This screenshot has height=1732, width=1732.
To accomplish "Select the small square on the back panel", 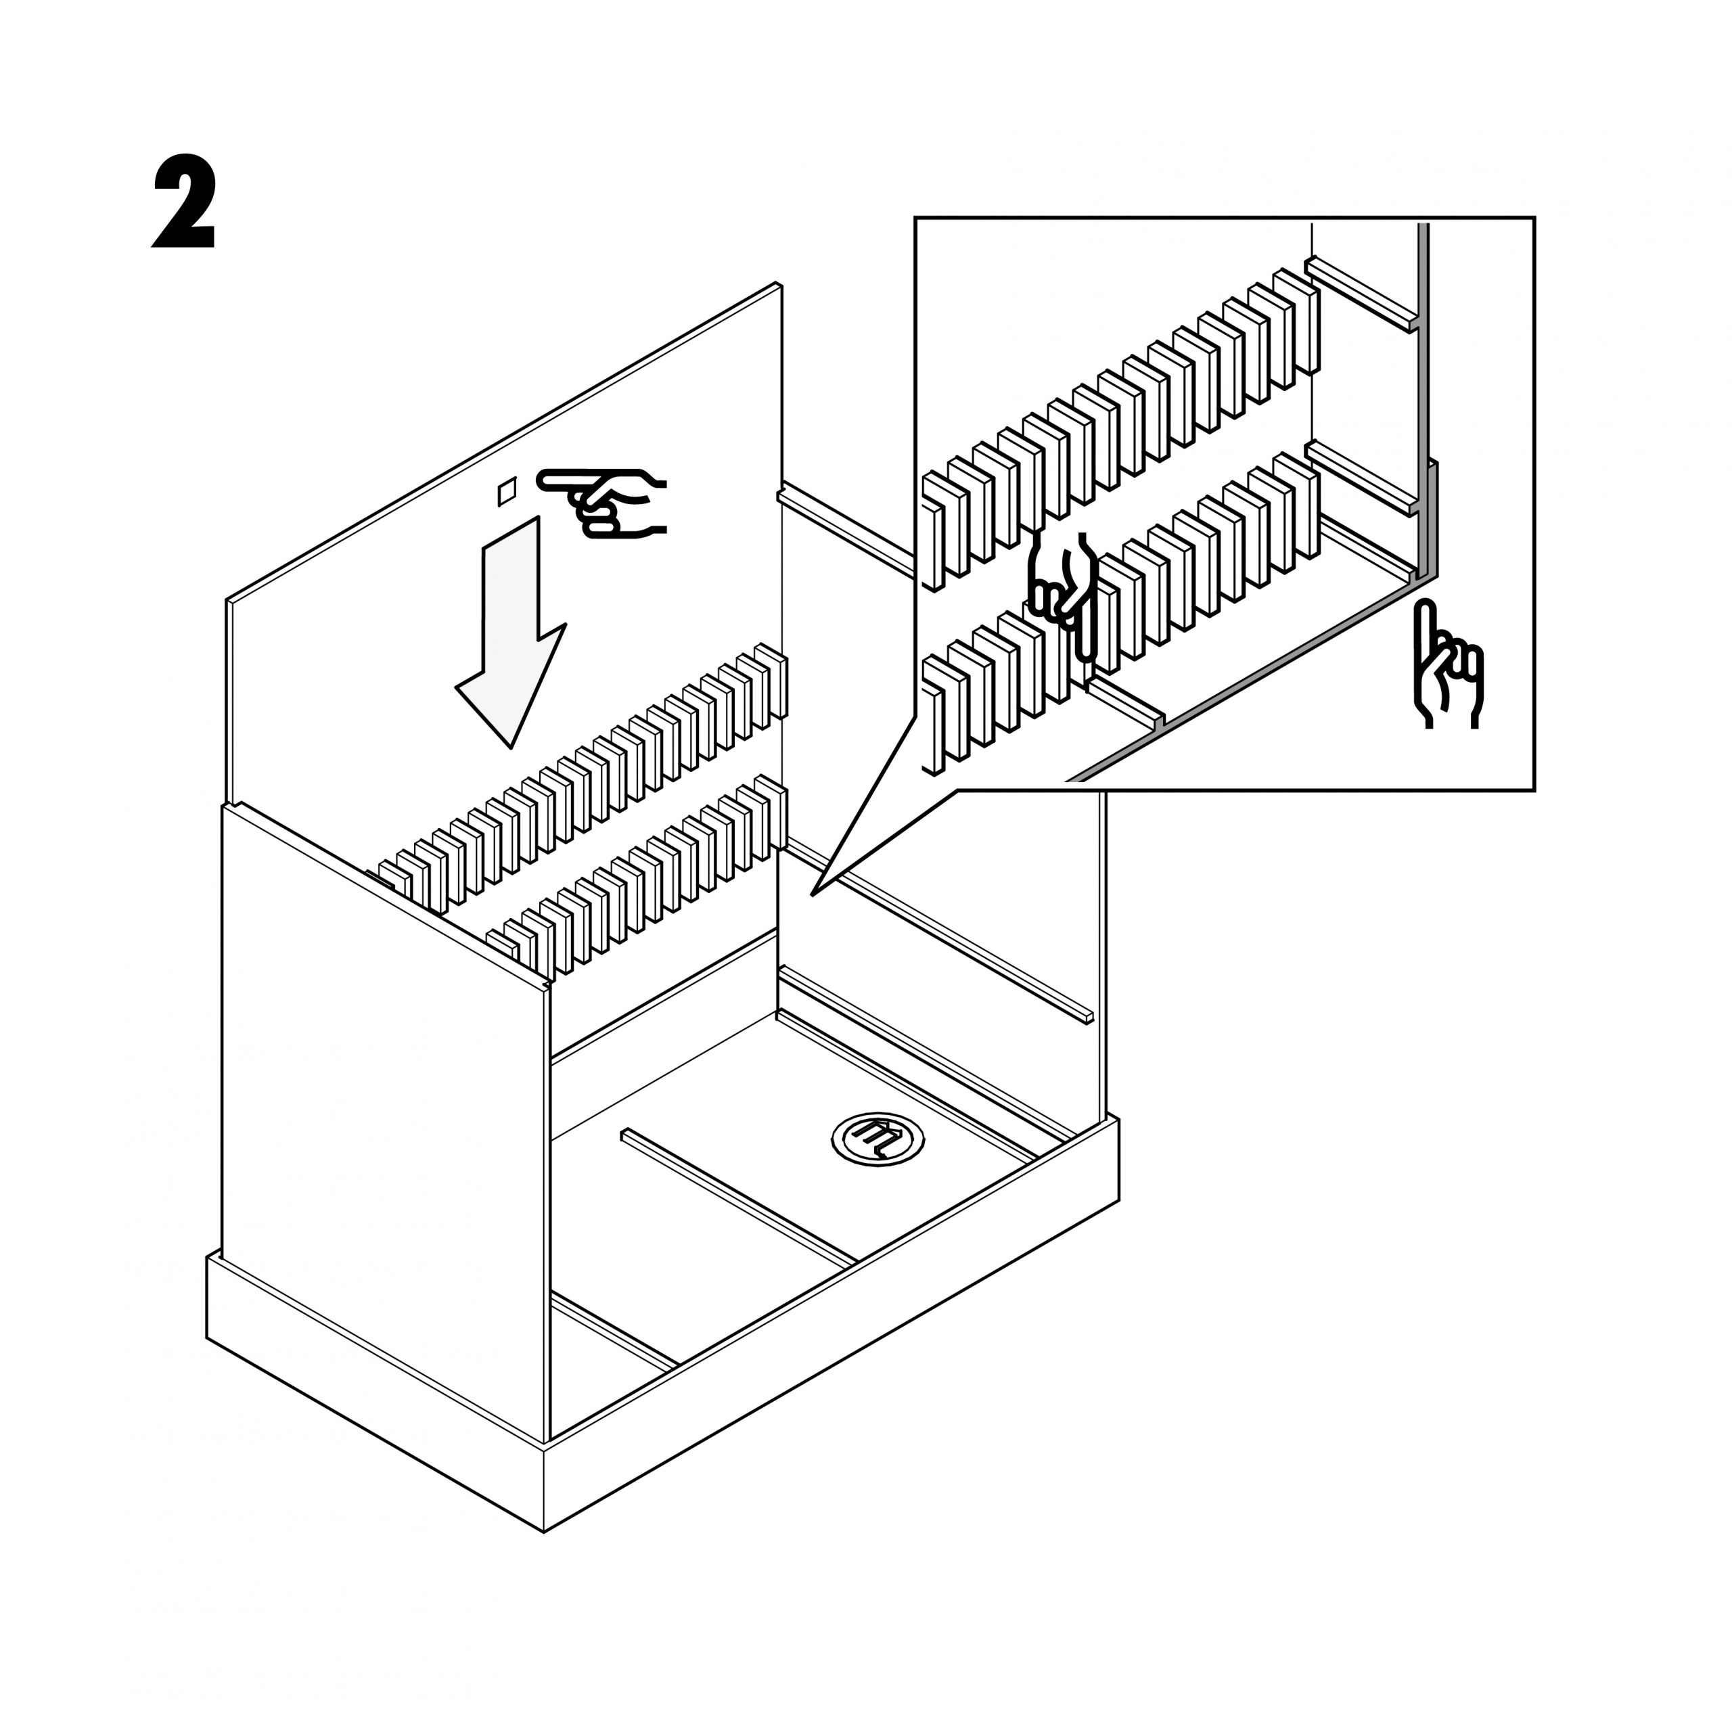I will [507, 491].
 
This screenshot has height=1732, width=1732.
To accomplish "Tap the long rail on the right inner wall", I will [941, 932].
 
